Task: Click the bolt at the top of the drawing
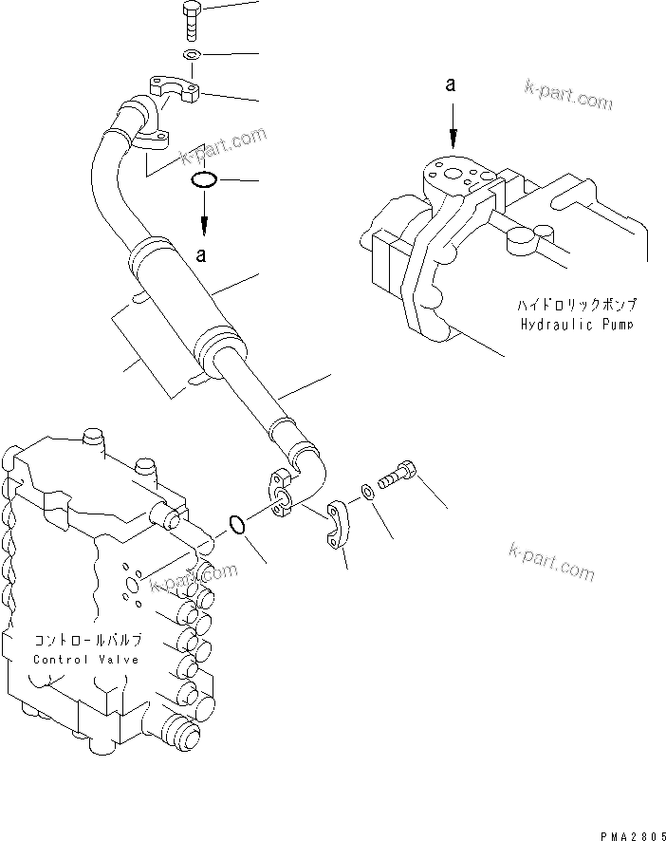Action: (188, 20)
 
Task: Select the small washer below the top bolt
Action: (191, 55)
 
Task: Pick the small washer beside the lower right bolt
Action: (366, 493)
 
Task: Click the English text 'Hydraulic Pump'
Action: (579, 324)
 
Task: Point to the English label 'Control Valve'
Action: (86, 659)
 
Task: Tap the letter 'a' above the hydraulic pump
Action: (452, 85)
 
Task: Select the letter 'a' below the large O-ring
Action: (200, 253)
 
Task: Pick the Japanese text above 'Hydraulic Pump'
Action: (577, 306)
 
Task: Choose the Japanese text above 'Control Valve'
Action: (86, 641)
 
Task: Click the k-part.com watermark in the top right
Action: (568, 95)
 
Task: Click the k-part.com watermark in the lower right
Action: (551, 562)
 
